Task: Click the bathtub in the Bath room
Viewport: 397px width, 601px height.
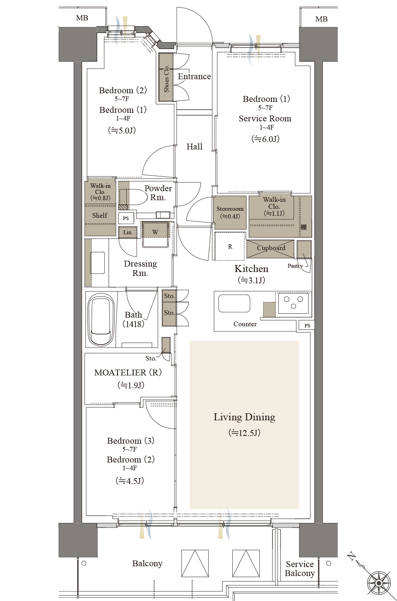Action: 101,319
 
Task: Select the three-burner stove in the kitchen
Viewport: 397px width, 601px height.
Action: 294,303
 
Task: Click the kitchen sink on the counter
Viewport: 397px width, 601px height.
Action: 234,303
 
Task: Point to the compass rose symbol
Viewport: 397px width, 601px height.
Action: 379,583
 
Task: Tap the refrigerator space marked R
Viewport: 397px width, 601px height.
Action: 230,246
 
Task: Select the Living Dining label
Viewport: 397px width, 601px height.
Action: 244,417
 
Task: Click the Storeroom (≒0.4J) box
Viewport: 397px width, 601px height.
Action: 230,212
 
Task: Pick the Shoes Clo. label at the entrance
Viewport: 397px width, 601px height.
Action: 166,78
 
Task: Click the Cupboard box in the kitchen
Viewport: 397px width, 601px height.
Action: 270,249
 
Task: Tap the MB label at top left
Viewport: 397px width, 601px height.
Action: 82,18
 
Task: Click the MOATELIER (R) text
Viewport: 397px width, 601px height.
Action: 128,372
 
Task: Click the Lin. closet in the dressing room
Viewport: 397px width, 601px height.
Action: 128,232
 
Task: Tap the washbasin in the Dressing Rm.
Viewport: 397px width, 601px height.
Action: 98,263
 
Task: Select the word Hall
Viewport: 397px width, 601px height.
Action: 194,146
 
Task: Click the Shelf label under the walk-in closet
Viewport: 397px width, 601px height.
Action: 100,215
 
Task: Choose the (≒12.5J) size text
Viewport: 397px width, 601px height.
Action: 244,432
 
